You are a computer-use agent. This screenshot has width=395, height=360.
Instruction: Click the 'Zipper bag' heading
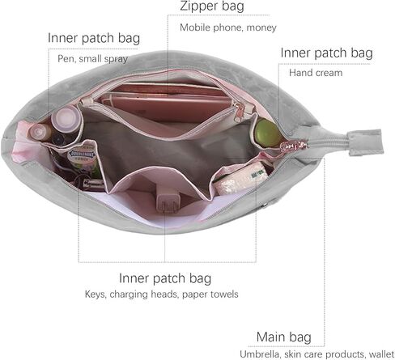click(212, 6)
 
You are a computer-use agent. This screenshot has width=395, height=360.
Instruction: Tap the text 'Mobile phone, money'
click(228, 28)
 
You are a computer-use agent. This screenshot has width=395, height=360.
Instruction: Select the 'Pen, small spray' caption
click(92, 59)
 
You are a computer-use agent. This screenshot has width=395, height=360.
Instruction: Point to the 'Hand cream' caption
click(316, 73)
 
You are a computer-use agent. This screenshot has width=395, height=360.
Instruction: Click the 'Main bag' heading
click(284, 337)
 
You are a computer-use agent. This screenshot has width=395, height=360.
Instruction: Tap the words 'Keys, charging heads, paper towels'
click(161, 294)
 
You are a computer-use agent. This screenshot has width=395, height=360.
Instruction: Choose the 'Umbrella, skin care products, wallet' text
click(317, 354)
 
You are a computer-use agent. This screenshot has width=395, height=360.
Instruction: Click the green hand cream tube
click(267, 133)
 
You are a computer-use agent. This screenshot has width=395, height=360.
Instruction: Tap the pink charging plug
click(168, 202)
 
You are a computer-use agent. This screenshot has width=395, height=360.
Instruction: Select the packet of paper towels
click(240, 178)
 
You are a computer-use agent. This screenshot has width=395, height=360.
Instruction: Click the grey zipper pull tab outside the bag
click(365, 142)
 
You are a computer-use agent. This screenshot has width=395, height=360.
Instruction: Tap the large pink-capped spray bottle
click(66, 119)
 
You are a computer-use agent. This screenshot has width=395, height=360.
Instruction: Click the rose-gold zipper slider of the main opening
click(294, 146)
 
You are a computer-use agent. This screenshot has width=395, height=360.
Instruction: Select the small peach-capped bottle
click(40, 132)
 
